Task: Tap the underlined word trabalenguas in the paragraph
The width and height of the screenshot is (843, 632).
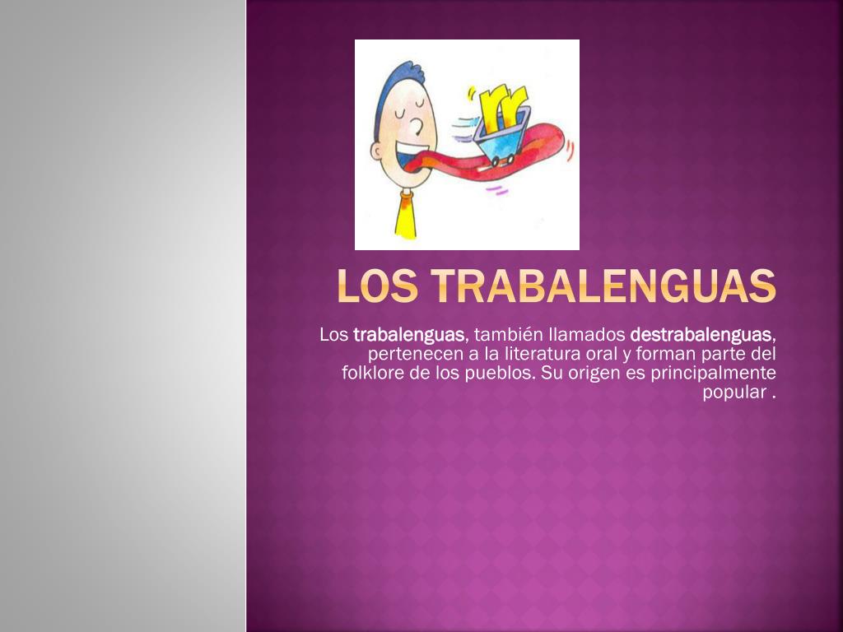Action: click(408, 335)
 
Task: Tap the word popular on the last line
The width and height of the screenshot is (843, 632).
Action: click(734, 393)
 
